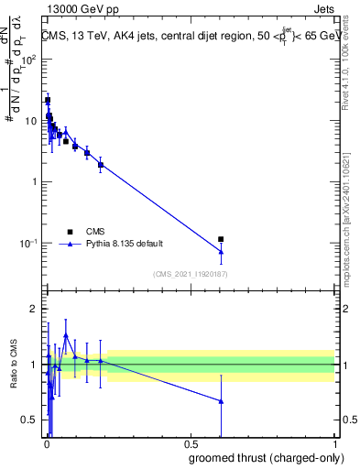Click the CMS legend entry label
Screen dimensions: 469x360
[94, 232]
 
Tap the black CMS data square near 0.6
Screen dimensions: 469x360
[221, 239]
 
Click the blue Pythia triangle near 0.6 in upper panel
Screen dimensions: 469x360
[221, 251]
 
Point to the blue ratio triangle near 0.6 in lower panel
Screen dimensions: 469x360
[221, 401]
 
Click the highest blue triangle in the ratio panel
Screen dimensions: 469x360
[66, 335]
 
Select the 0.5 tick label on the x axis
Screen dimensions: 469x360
[191, 444]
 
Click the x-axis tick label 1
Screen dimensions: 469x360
[334, 444]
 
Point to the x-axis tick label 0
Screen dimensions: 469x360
[47, 444]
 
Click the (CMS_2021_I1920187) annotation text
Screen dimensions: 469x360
[190, 274]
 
